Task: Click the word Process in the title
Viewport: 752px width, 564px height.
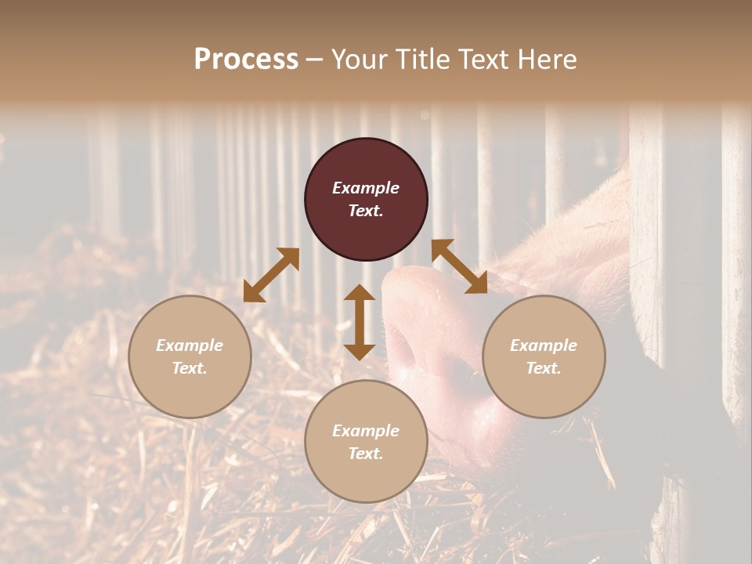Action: point(246,60)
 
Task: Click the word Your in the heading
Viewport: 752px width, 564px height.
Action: point(362,60)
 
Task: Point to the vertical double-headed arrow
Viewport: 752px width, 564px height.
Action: point(360,322)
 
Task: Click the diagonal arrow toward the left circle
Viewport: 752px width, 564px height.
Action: point(271,275)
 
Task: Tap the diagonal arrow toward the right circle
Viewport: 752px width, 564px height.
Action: point(460,266)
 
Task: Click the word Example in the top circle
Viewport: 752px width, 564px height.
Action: point(366,188)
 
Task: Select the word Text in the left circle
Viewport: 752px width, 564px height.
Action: point(190,368)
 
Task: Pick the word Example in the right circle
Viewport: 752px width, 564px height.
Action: point(544,345)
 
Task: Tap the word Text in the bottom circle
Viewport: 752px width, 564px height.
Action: point(366,454)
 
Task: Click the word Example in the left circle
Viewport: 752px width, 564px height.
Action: point(190,345)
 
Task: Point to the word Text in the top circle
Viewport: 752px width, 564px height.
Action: point(366,211)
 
